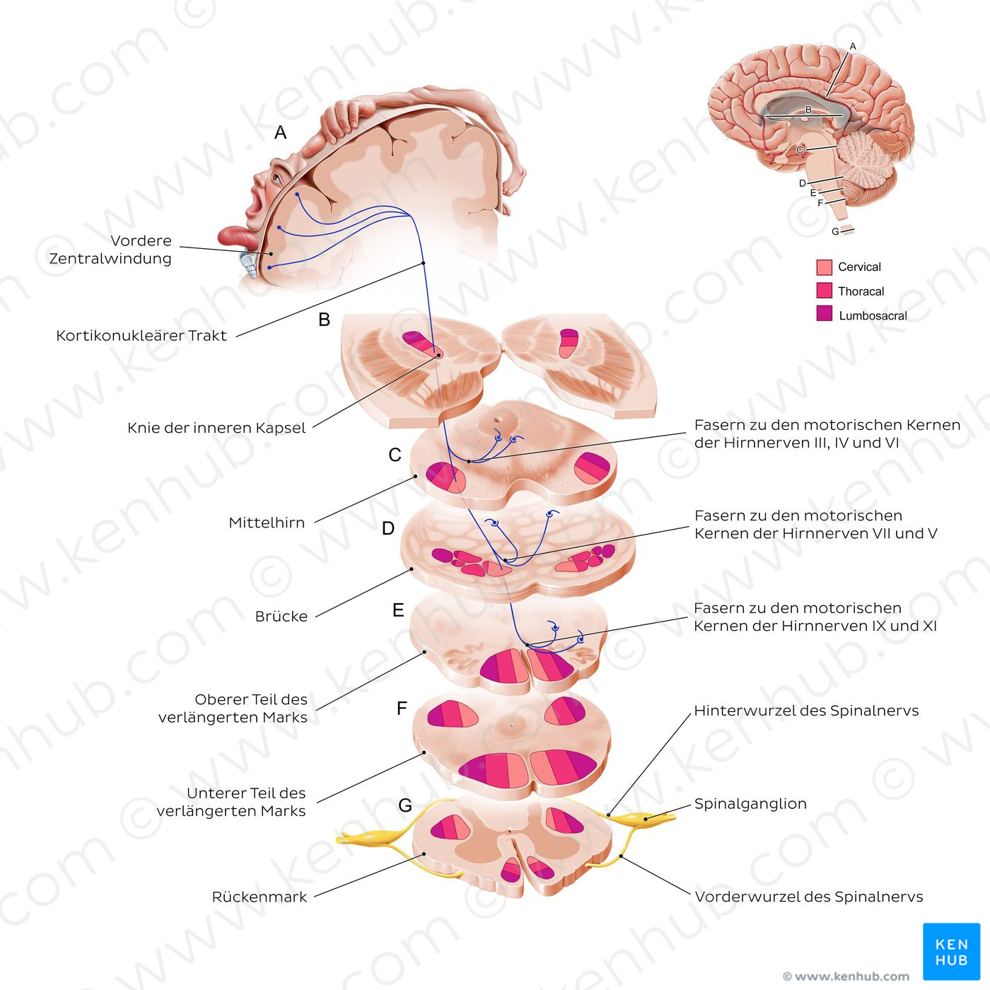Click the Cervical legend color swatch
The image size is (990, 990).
[x=824, y=267]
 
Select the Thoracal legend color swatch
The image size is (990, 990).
[x=824, y=290]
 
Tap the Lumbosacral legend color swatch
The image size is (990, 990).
[x=824, y=313]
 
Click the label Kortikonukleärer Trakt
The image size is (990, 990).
[x=141, y=335]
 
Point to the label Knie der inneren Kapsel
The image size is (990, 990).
[x=216, y=427]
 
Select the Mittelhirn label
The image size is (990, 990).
[x=267, y=523]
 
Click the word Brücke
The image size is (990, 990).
[x=281, y=616]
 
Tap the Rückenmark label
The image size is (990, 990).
[x=260, y=897]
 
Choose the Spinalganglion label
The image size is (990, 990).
[x=750, y=803]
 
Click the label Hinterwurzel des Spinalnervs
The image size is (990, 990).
[x=806, y=711]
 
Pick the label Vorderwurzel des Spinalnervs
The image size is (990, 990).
[x=809, y=897]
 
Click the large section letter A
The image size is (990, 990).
[x=280, y=132]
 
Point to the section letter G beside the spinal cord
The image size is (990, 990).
[x=404, y=805]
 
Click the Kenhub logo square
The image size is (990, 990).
[x=952, y=952]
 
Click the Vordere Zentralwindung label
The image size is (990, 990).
[x=110, y=249]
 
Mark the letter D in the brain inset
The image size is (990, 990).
[x=803, y=183]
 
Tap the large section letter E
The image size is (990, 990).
[x=398, y=610]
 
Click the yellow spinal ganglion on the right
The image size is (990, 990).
[x=642, y=818]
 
